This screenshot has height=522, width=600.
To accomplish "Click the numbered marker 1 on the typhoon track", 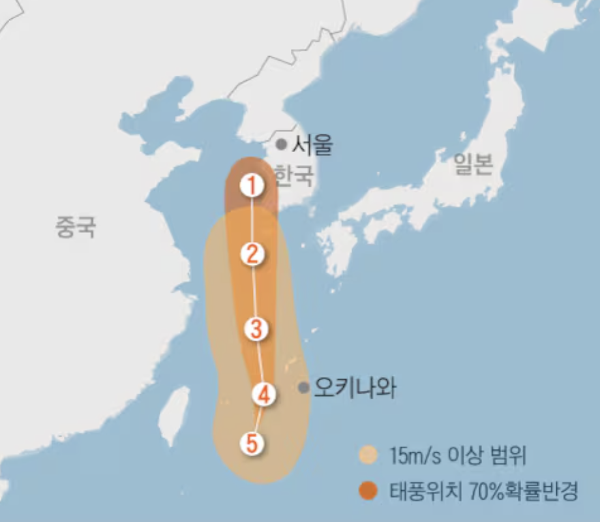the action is pos(252,185).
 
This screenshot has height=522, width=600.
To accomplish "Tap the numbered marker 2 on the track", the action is pos(252,254).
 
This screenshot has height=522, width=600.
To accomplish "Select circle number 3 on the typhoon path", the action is pos(256,329).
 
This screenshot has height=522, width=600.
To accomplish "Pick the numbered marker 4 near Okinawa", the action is pos(263,394).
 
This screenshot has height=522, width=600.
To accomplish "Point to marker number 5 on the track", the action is pos(252,444).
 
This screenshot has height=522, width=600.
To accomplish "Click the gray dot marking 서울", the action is pos(280,144).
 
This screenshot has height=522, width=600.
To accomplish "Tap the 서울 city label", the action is pos(312,144).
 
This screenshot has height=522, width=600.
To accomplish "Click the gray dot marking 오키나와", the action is pos(303,388).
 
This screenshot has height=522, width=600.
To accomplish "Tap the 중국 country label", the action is pos(76,227).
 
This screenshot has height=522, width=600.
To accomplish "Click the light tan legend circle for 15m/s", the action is pos(368,454).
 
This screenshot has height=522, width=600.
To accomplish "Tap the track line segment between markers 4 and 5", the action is pos(258,419).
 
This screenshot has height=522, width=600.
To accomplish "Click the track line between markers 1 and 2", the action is pos(252,220).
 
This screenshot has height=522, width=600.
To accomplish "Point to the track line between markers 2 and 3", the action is pos(254,292).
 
